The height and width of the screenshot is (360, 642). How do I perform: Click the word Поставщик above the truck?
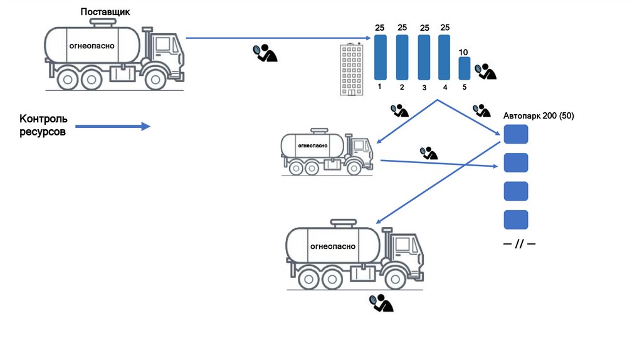[105, 12]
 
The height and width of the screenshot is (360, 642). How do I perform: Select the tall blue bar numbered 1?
[381, 57]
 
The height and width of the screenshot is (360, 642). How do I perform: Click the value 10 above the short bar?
[464, 51]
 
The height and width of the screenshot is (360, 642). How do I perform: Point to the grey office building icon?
[352, 70]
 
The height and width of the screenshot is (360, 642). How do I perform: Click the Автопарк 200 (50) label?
[539, 116]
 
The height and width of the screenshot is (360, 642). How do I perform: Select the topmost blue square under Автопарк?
[516, 135]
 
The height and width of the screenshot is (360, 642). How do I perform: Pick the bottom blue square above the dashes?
[516, 220]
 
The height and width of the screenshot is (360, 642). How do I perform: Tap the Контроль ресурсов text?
[43, 125]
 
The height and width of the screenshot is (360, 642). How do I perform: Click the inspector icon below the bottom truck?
[381, 303]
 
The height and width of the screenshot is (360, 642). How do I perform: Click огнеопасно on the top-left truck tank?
[92, 46]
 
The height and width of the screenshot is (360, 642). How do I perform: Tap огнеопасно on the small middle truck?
[312, 146]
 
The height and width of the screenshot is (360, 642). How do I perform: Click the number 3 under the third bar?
[424, 88]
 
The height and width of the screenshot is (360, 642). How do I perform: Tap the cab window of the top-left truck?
[164, 45]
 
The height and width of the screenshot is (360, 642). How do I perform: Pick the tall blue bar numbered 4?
[445, 57]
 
